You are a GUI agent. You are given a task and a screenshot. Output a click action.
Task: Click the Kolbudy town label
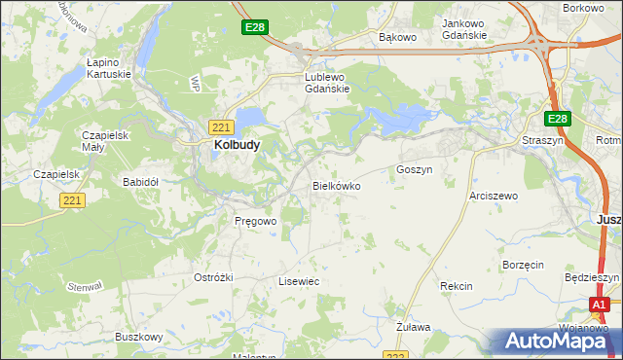[236, 146]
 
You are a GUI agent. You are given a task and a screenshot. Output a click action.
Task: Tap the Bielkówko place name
[337, 185]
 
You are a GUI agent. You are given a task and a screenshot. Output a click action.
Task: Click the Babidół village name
[140, 182]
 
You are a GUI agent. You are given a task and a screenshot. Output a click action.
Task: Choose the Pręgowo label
[256, 221]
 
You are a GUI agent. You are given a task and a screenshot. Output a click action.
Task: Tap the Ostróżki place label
[214, 277]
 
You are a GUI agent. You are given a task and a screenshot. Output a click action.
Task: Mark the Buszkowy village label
[138, 337]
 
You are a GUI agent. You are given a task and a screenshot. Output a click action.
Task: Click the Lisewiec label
[299, 281]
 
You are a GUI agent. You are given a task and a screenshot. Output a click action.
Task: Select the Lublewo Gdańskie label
[327, 82]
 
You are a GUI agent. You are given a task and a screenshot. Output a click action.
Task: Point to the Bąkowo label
[397, 38]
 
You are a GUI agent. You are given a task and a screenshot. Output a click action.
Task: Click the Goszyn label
[414, 169]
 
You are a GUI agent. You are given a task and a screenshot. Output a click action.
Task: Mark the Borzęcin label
[523, 265]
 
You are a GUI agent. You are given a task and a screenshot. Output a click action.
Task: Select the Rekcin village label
[456, 286]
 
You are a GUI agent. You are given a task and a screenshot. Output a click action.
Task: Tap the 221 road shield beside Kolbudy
[220, 126]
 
